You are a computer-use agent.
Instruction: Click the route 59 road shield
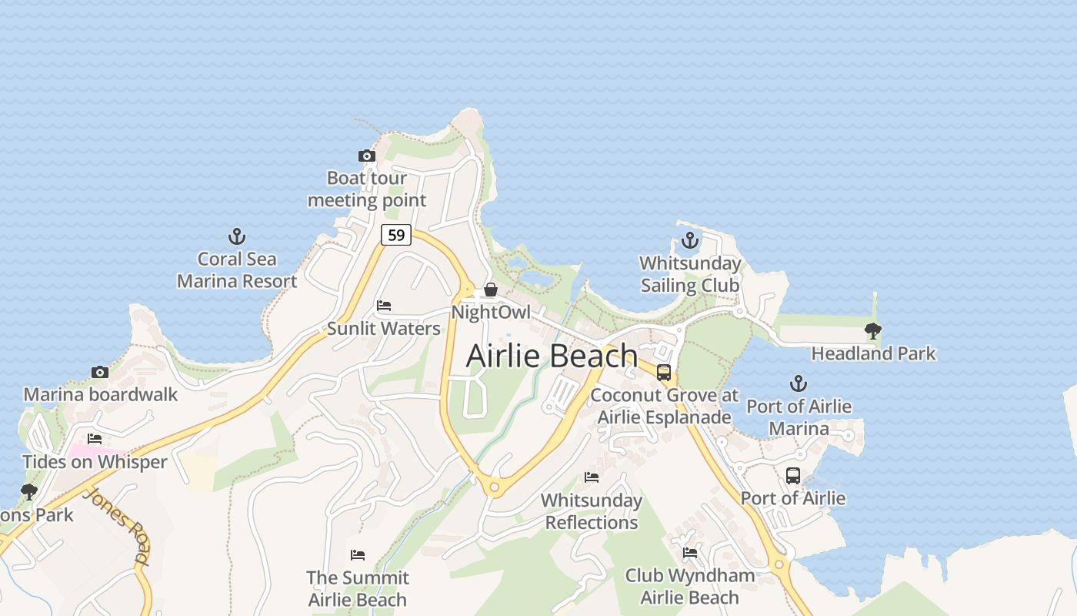[x=396, y=235]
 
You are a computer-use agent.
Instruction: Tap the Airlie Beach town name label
[x=552, y=357]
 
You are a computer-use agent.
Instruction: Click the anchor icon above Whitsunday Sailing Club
[x=690, y=240]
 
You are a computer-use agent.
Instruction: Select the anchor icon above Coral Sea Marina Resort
[x=237, y=236]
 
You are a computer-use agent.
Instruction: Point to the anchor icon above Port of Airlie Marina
[x=799, y=383]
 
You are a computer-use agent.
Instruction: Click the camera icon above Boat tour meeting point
[x=367, y=156]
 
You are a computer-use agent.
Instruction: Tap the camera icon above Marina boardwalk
[x=99, y=373]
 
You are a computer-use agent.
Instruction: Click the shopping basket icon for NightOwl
[x=490, y=290]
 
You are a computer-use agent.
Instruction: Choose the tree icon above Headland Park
[x=872, y=331]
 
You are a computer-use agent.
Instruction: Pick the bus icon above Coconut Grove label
[x=664, y=373]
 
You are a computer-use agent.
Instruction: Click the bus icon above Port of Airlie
[x=793, y=475]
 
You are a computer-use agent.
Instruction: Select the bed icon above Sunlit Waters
[x=384, y=306]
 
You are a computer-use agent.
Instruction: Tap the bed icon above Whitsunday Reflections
[x=591, y=477]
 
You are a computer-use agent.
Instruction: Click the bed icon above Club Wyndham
[x=690, y=553]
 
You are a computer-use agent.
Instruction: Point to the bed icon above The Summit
[x=358, y=555]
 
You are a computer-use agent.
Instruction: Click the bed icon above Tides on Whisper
[x=95, y=439]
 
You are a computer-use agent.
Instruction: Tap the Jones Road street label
[x=118, y=525]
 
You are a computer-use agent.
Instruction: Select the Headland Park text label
[x=874, y=353]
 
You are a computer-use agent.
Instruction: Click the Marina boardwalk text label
[x=101, y=395]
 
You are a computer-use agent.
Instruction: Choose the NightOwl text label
[x=491, y=313]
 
